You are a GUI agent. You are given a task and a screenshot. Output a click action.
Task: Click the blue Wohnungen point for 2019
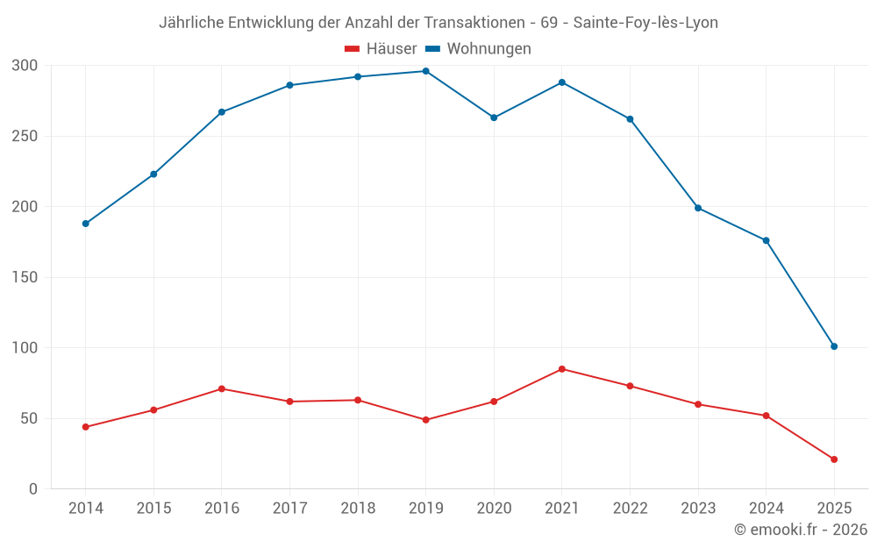426,71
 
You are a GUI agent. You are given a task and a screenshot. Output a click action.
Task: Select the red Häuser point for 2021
562,369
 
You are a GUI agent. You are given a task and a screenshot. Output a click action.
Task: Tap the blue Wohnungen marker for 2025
834,346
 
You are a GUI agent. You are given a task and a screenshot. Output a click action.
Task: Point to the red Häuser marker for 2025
834,459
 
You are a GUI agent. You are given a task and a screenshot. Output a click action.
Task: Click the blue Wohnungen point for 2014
86,224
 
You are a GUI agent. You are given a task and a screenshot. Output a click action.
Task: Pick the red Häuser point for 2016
222,388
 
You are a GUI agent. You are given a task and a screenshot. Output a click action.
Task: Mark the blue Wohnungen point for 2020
494,117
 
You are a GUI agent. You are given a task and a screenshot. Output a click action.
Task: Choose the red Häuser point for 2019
426,420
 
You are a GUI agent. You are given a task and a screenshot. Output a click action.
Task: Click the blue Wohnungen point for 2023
698,208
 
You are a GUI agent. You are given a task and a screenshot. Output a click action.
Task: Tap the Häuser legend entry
381,49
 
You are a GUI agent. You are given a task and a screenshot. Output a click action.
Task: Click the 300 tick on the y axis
25,66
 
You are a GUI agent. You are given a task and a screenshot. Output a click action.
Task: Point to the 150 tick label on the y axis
25,278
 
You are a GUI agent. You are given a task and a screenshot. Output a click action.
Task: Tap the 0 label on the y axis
32,489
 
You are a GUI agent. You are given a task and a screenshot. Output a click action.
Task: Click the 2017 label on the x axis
289,509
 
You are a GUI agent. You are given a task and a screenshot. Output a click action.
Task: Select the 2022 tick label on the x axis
630,509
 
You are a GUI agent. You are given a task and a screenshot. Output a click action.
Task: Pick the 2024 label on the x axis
766,509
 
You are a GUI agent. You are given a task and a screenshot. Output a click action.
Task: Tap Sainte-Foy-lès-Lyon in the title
645,23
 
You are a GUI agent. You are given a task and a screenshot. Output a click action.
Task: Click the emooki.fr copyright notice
801,530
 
